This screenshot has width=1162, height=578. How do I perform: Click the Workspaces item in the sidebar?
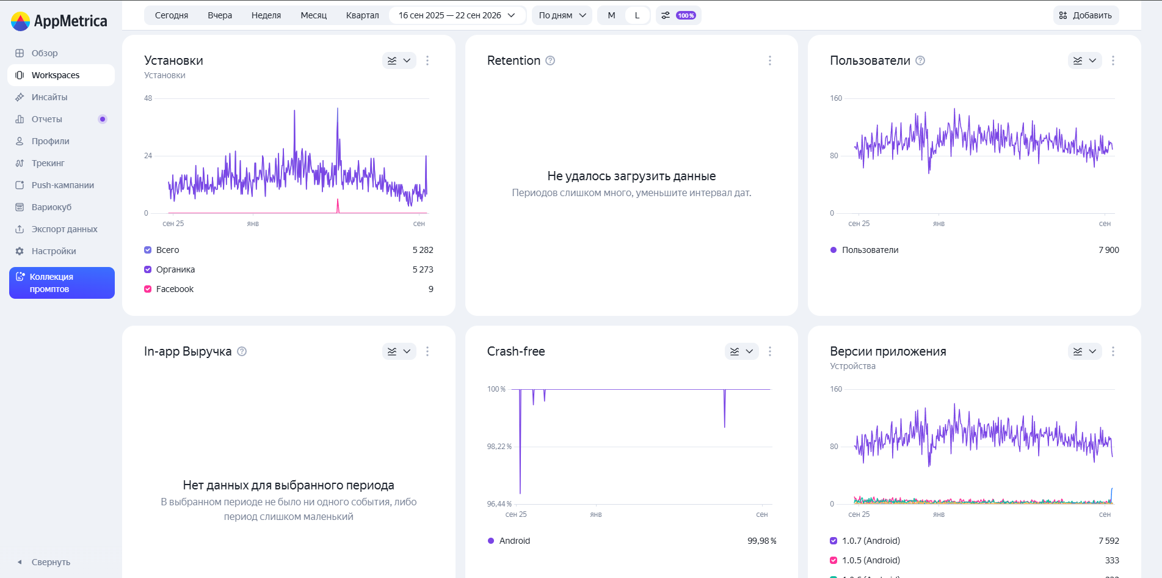point(61,75)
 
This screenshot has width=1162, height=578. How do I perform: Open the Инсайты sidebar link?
point(49,97)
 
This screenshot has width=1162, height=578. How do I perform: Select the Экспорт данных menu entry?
point(64,229)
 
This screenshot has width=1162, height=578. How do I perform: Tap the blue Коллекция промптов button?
point(62,283)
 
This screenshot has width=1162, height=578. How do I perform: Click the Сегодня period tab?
point(172,15)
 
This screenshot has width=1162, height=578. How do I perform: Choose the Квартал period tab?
point(363,15)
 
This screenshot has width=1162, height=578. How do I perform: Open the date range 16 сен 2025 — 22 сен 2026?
point(457,15)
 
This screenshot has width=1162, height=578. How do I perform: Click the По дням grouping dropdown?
point(562,15)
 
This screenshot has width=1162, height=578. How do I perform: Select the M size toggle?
point(611,15)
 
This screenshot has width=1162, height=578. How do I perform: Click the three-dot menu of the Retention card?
point(770,60)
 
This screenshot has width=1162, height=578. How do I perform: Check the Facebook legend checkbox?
point(148,289)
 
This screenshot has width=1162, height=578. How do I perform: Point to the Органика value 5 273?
point(423,269)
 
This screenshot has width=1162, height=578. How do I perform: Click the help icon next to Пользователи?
point(920,60)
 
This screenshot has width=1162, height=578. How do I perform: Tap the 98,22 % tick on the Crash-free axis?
point(499,447)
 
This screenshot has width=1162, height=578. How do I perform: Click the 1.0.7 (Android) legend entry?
point(871,541)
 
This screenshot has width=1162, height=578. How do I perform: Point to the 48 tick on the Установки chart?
point(148,98)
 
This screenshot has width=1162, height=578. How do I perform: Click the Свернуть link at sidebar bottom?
point(51,562)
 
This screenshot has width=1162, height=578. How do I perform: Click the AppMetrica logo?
point(59,21)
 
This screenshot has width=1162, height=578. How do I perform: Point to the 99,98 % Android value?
point(762,541)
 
